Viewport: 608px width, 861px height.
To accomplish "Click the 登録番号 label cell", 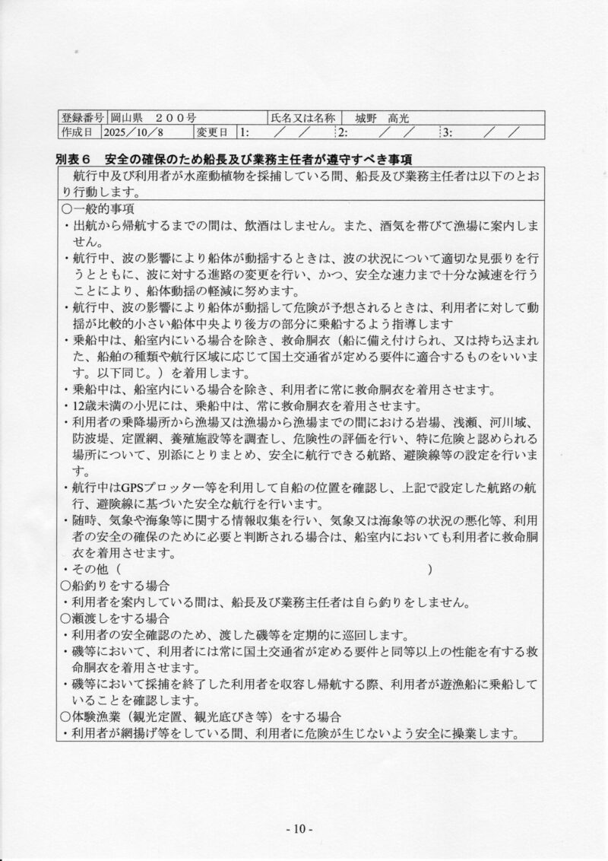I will (x=83, y=118).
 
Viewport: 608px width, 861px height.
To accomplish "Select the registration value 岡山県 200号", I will (x=153, y=118).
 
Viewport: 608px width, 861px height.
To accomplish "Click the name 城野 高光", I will (x=387, y=118).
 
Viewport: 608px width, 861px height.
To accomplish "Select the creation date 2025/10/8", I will (x=137, y=132).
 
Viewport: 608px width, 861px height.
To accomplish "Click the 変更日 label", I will (x=212, y=132).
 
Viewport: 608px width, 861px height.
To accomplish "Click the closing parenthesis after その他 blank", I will (x=431, y=570).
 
